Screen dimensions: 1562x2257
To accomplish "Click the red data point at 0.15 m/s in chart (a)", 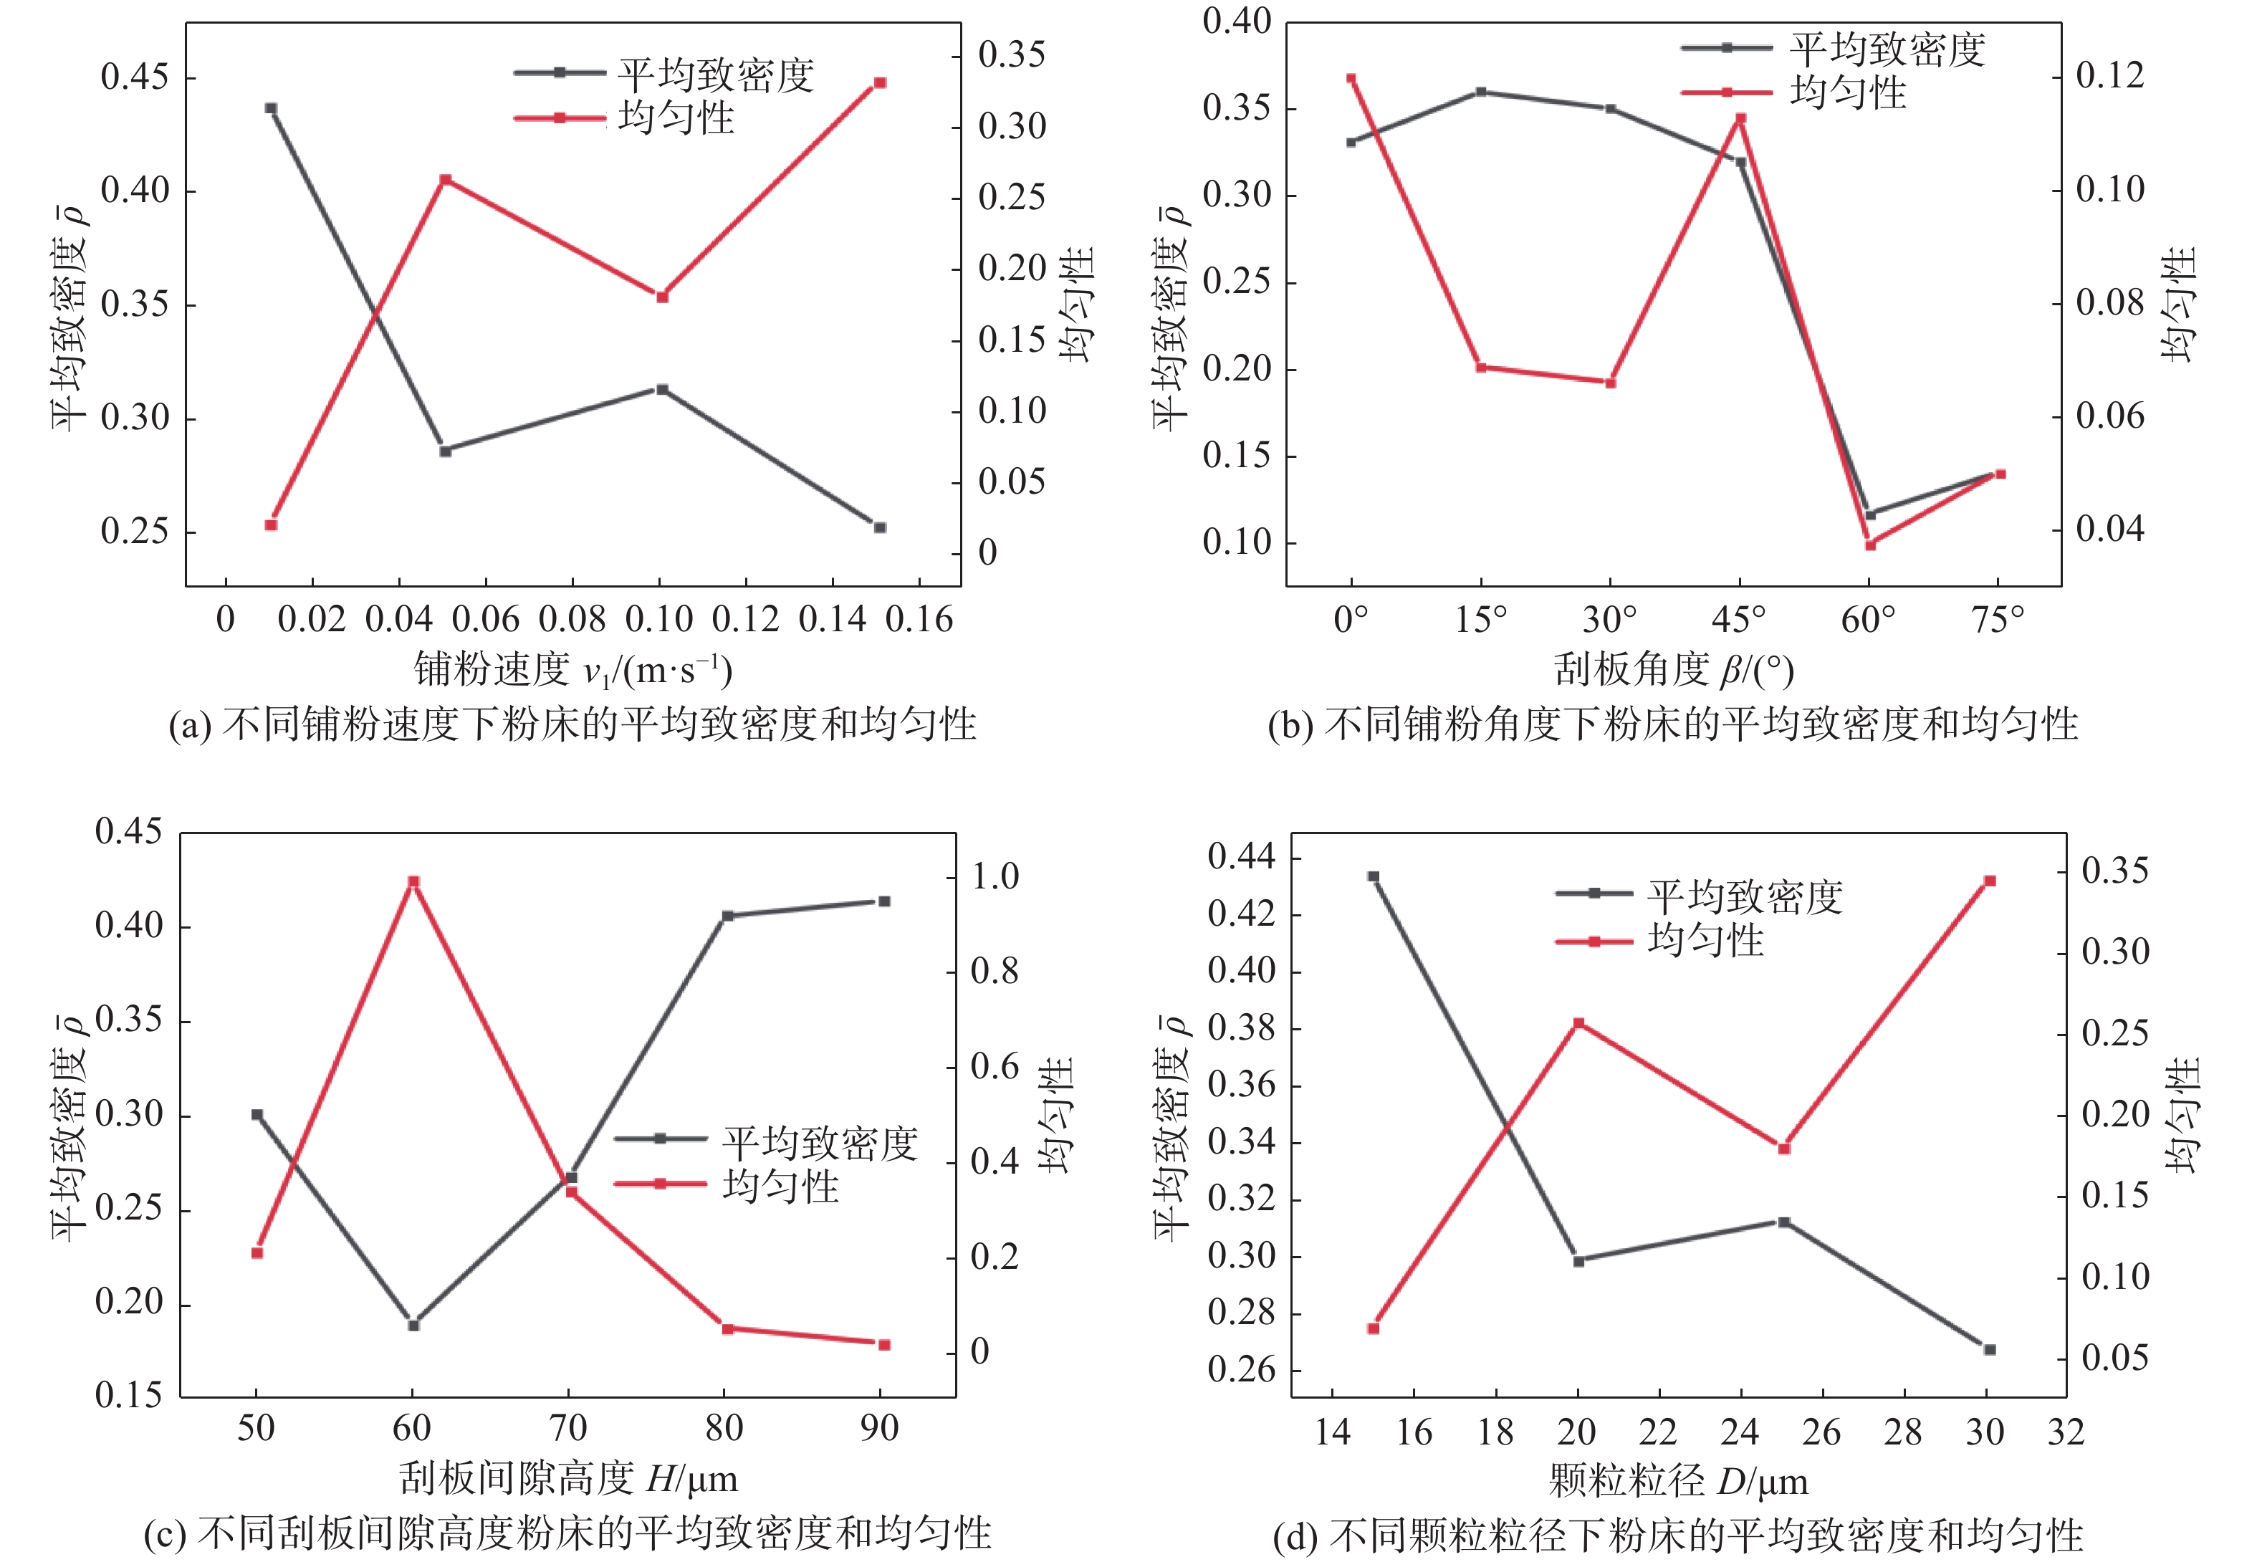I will pos(879,83).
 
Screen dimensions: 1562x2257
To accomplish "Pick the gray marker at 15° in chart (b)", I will pos(1481,92).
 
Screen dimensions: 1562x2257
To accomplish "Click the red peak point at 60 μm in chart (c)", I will pos(413,882).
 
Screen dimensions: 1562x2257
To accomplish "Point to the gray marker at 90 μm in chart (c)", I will pos(883,901).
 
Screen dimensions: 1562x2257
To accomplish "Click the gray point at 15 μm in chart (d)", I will pos(1374,877).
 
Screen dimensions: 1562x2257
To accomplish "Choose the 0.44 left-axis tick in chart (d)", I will pos(1241,858).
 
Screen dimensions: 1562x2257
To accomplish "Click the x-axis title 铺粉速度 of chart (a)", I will pos(492,669).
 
